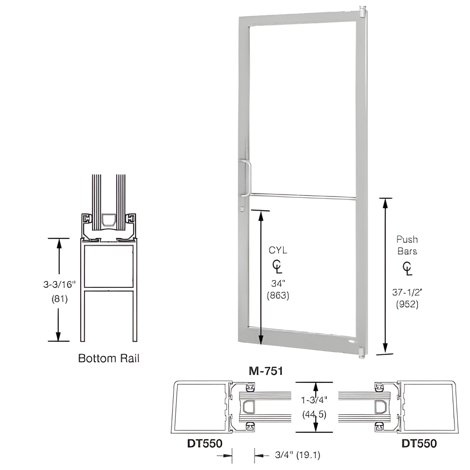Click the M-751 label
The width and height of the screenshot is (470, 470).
(x=265, y=371)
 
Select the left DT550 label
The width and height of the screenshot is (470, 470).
(x=205, y=443)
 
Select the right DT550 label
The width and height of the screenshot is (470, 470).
(x=419, y=443)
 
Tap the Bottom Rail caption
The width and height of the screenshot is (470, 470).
(x=109, y=358)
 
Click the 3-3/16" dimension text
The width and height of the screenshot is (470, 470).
(x=59, y=284)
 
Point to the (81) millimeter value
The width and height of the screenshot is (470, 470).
(x=60, y=299)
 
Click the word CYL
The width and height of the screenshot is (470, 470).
(x=278, y=250)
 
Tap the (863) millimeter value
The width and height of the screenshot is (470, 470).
(x=278, y=295)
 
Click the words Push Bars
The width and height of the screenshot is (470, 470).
(x=407, y=245)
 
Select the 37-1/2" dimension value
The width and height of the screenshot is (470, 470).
(x=407, y=292)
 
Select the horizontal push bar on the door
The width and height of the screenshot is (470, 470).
(x=302, y=196)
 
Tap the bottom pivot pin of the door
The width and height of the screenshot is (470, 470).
(x=361, y=354)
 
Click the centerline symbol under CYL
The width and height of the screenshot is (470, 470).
(x=277, y=267)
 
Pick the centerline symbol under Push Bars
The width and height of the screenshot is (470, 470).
(x=407, y=269)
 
